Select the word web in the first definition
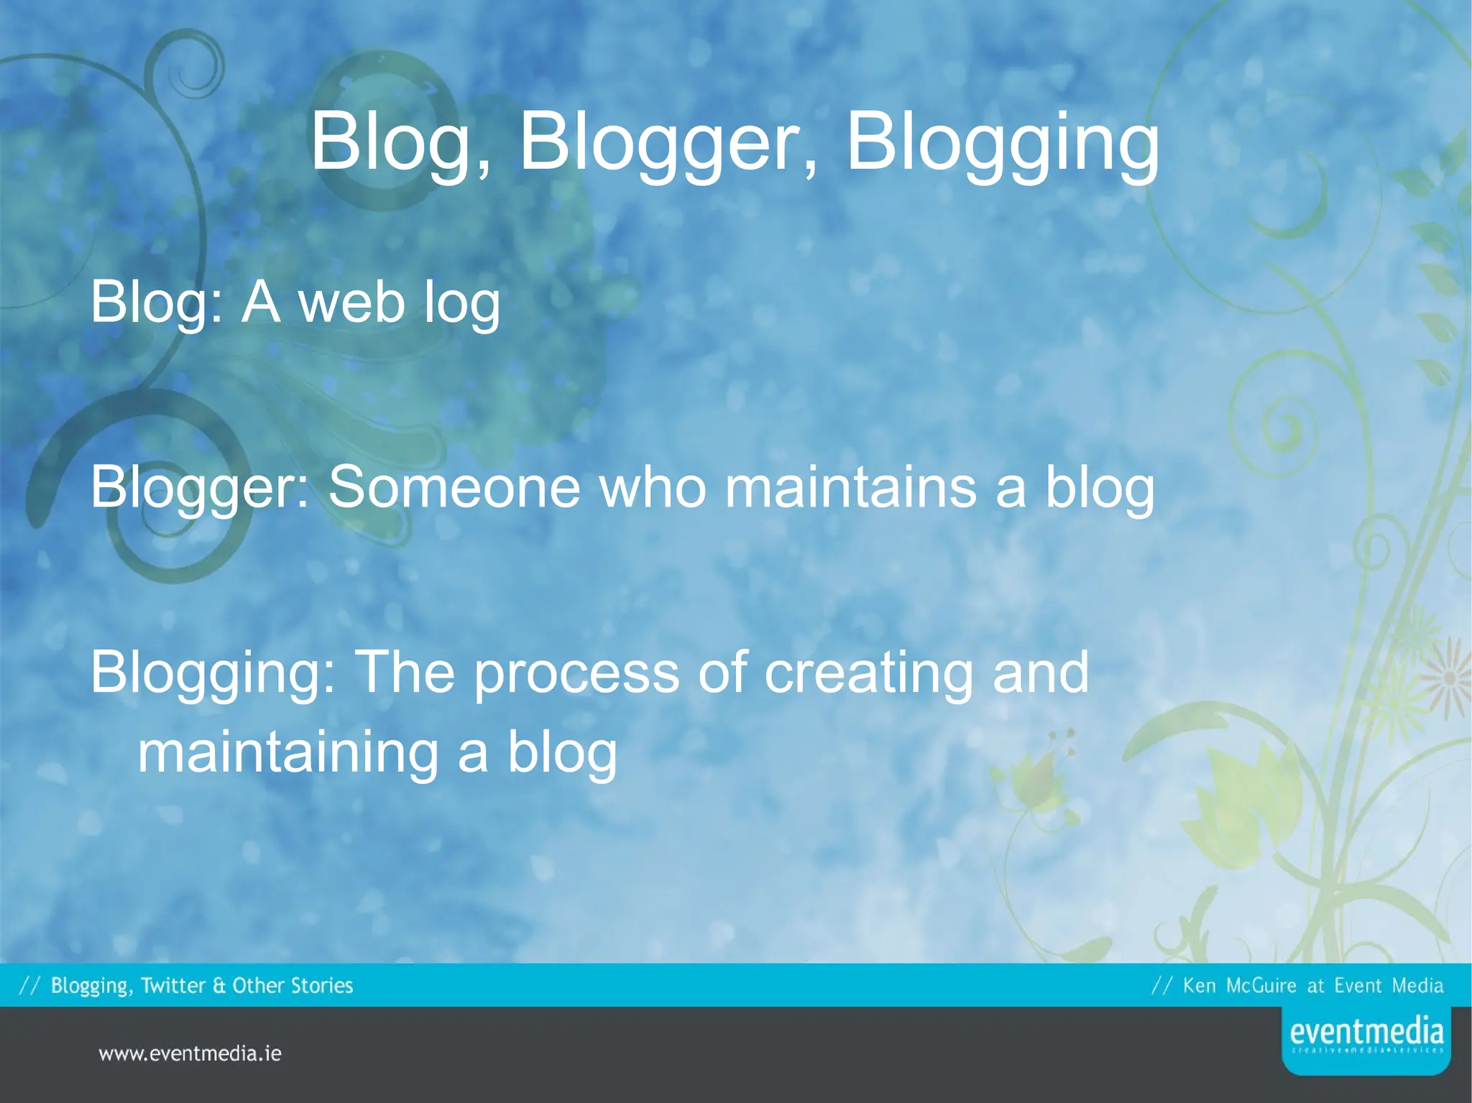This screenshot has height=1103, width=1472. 351,303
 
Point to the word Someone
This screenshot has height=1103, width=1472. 454,487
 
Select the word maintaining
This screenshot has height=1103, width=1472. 288,753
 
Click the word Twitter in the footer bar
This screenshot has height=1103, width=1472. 173,985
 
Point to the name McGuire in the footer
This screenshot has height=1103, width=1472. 1261,985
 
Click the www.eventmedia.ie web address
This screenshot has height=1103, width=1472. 190,1054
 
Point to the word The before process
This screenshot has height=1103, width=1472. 405,673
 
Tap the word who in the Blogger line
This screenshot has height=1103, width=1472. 653,487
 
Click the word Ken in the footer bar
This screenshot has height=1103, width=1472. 1200,985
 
